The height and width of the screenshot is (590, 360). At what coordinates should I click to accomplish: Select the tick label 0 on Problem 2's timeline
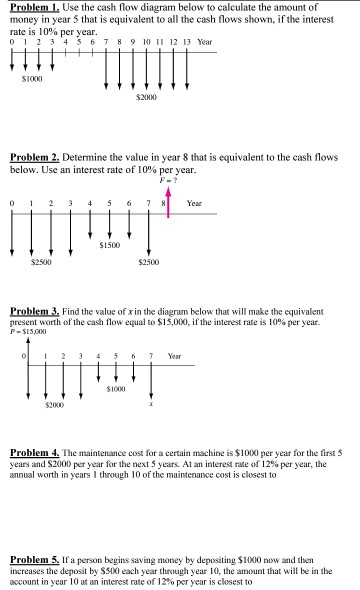click(x=11, y=203)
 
